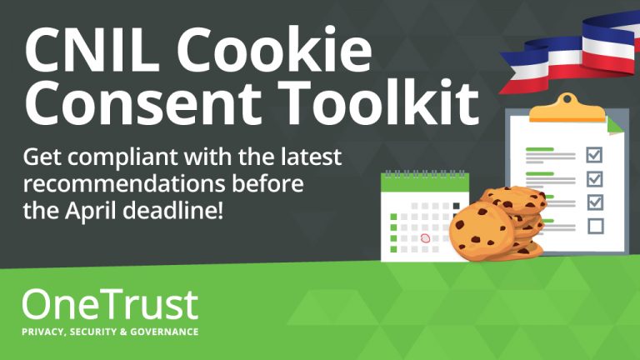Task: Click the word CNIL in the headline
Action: [x=91, y=49]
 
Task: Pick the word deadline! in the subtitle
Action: [x=173, y=210]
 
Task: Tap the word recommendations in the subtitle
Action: [x=124, y=183]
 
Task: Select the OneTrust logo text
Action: [x=110, y=304]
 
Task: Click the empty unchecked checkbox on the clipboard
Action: [x=596, y=226]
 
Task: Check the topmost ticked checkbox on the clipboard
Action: [x=594, y=155]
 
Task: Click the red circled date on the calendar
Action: [x=425, y=238]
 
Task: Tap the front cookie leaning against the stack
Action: [x=482, y=231]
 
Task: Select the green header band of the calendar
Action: [x=425, y=182]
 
